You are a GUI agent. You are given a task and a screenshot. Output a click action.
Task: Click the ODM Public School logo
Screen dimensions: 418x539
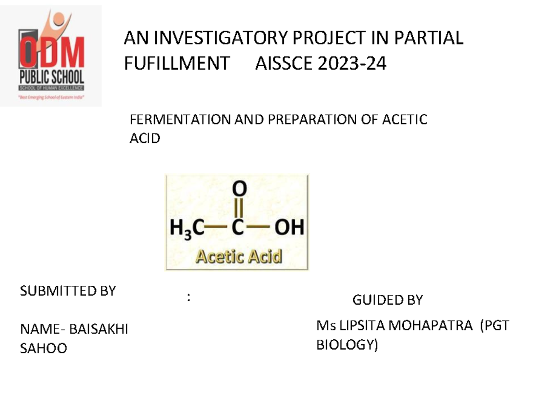tap(51, 56)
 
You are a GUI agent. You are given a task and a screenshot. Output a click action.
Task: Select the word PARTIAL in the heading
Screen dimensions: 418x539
tap(429, 38)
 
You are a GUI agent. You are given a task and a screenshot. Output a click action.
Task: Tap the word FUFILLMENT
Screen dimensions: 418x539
tap(177, 64)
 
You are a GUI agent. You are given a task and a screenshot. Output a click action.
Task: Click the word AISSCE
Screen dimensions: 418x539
tap(283, 64)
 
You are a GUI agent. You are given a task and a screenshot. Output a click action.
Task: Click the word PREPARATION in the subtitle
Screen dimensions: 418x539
tap(295, 120)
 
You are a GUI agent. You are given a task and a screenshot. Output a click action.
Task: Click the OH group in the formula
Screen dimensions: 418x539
tap(289, 228)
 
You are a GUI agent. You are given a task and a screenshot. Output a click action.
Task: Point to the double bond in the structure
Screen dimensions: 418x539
tap(239, 208)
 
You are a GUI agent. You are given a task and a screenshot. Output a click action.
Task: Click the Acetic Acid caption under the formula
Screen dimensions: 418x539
tap(239, 257)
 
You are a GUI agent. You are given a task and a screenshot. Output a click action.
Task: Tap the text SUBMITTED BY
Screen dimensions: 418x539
tap(68, 291)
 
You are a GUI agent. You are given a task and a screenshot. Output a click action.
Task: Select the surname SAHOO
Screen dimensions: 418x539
tap(44, 348)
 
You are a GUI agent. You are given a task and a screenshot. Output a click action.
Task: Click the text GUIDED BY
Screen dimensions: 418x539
tap(388, 300)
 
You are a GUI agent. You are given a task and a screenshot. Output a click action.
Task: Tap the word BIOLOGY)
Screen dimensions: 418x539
tap(347, 345)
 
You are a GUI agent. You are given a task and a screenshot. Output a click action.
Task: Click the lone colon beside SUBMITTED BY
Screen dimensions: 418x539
tap(189, 297)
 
